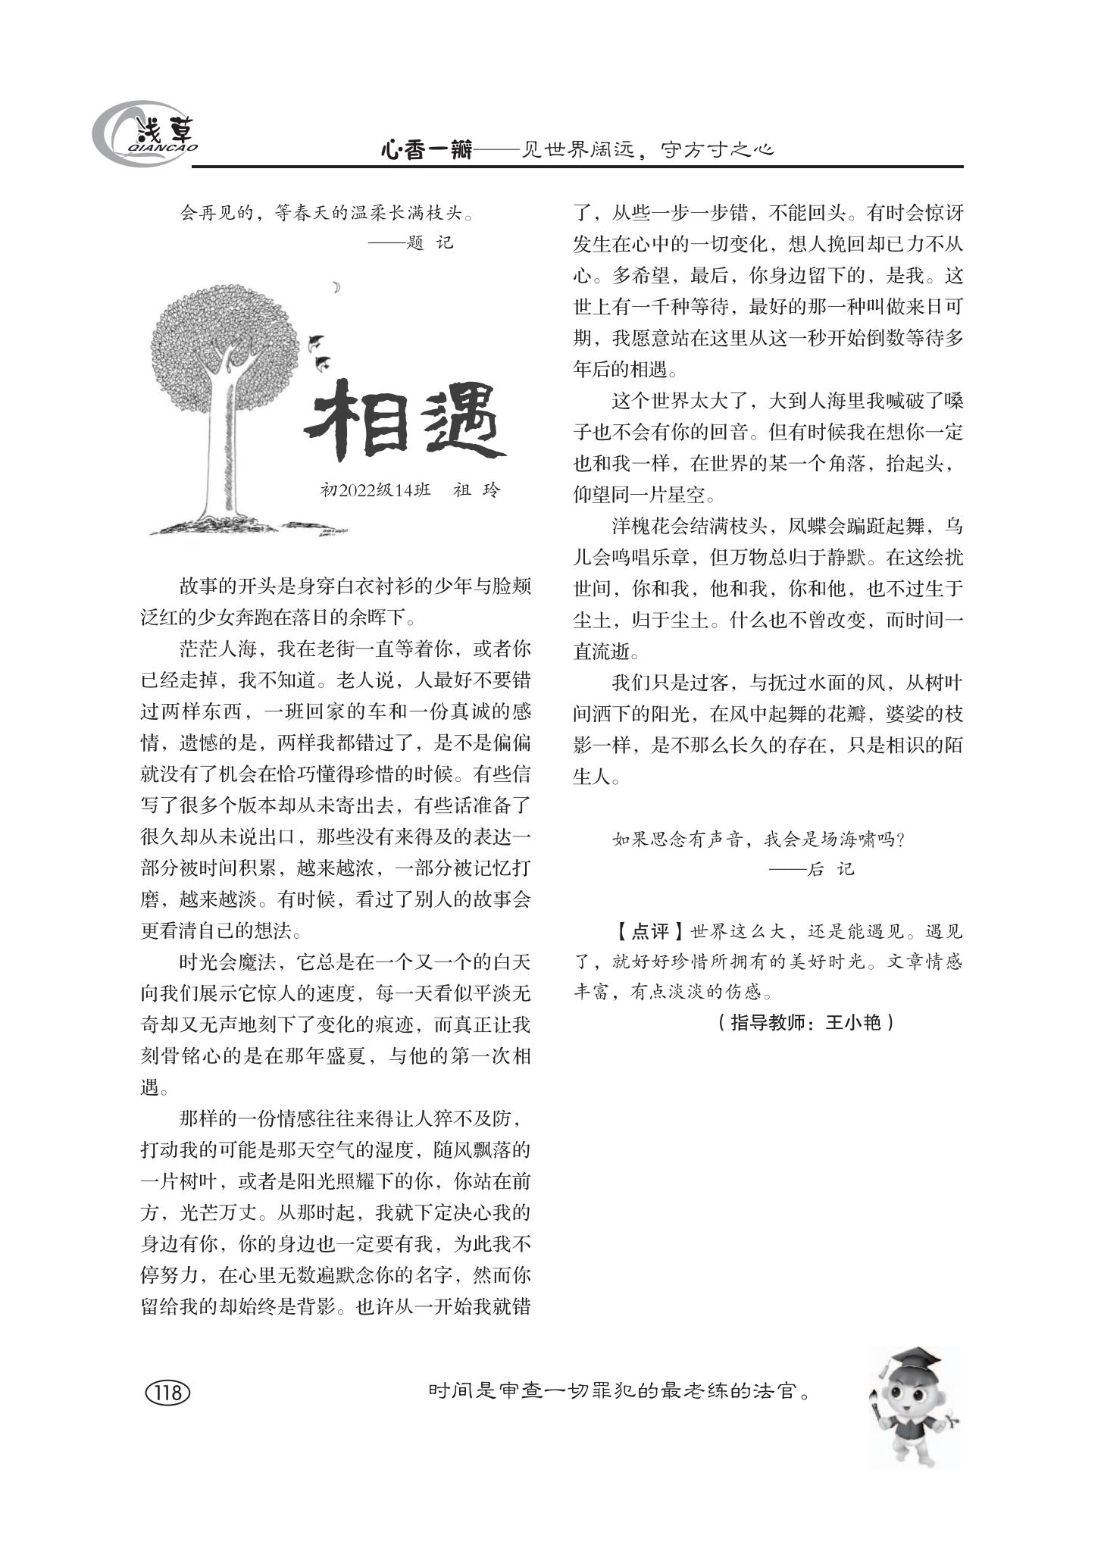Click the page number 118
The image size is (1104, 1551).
(167, 1393)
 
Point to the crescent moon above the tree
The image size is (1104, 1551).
(336, 286)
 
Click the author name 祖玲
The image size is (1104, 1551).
(477, 489)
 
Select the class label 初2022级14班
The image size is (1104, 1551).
(376, 489)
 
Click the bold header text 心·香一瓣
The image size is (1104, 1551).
(426, 151)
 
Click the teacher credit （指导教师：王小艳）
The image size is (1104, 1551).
(805, 1023)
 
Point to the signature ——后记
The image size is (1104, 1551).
(812, 869)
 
